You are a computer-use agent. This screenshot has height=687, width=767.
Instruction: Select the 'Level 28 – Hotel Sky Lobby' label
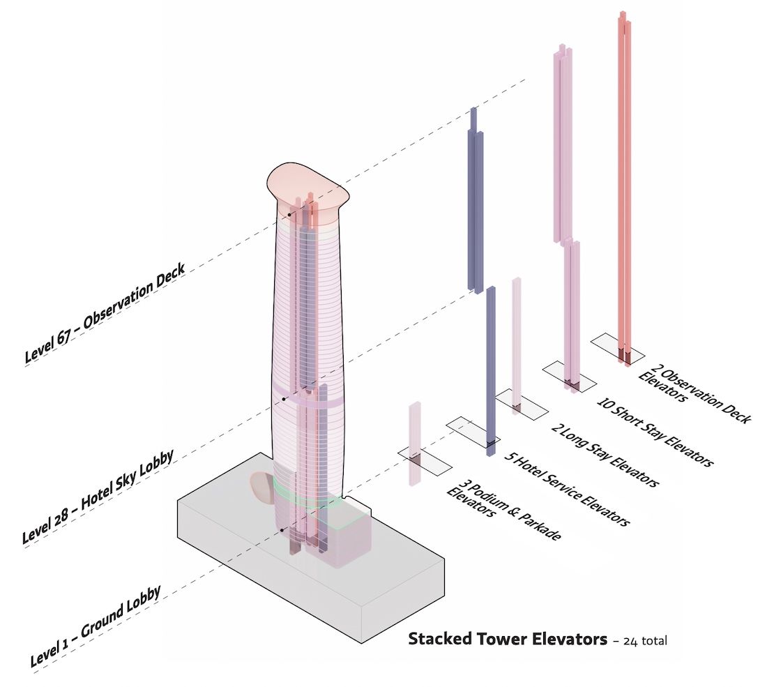pos(97,496)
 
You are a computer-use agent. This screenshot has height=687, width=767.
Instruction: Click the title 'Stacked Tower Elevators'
pos(507,639)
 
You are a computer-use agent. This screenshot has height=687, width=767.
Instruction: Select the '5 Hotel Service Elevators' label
pos(565,490)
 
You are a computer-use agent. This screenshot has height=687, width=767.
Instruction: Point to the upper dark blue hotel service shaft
pos(475,202)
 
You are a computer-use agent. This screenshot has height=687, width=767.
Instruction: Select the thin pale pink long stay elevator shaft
pos(516,345)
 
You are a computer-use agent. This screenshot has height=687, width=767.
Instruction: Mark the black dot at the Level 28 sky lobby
pos(284,398)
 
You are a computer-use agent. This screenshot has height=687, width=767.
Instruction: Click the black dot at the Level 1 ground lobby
pos(282,530)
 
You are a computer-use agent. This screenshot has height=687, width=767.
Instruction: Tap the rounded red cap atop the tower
pos(307,187)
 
